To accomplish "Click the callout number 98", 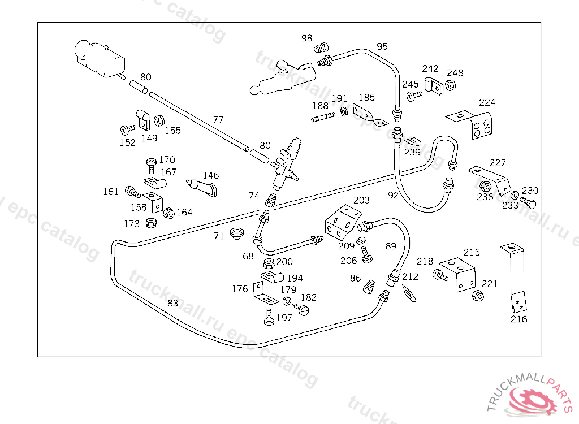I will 306,38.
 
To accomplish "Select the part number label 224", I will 487,102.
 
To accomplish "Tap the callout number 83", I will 173,303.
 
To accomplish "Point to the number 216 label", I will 518,319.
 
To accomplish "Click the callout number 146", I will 211,175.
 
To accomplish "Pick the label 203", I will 361,200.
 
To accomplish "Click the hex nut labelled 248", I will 451,85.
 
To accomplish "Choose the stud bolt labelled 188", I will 322,118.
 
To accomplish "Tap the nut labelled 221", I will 478,296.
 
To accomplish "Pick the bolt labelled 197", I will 269,317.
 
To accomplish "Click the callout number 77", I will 218,120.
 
